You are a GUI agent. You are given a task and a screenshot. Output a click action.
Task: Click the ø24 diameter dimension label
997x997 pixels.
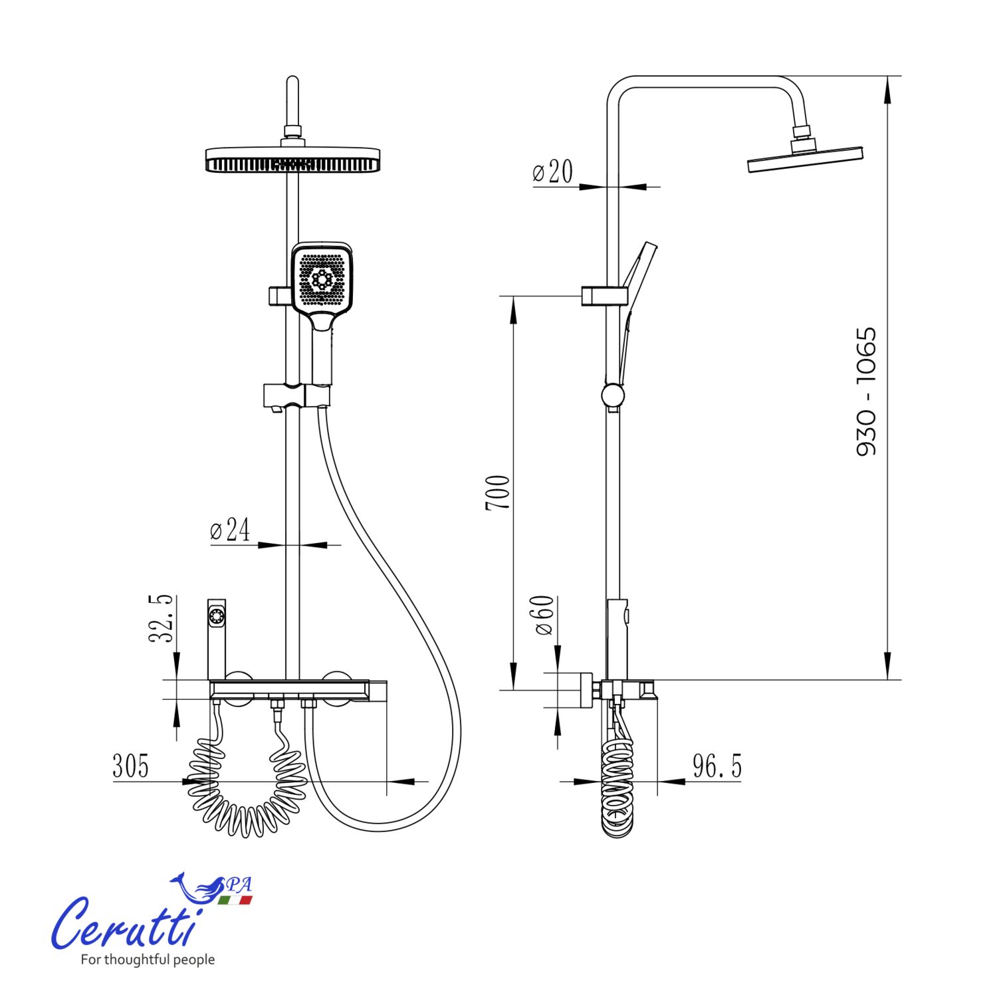pyautogui.click(x=230, y=530)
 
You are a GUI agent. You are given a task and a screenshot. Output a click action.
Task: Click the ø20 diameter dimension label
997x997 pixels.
pyautogui.click(x=552, y=171)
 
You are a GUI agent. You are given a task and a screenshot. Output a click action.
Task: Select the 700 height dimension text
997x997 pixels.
pyautogui.click(x=498, y=493)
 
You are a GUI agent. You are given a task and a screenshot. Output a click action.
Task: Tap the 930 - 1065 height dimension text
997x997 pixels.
pyautogui.click(x=866, y=391)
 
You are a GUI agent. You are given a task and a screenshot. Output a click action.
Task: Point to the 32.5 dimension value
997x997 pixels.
pyautogui.click(x=161, y=619)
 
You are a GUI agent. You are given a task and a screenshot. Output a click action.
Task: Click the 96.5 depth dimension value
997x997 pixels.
pyautogui.click(x=717, y=766)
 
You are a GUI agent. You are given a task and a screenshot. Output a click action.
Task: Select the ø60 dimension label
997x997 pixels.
pyautogui.click(x=544, y=615)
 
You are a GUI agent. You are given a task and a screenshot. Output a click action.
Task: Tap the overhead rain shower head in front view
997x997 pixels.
pyautogui.click(x=292, y=159)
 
